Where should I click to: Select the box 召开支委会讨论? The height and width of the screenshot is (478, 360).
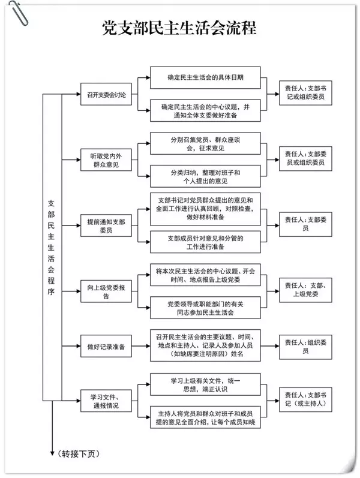coord(107,95)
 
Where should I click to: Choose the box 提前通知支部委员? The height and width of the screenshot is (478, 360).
coord(107,225)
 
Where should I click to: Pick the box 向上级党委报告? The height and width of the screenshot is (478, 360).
coord(107,291)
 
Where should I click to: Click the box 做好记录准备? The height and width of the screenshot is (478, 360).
coord(107,346)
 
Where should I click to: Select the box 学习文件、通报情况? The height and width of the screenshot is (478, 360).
coord(107,401)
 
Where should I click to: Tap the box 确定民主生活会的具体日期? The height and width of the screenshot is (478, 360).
coord(205,77)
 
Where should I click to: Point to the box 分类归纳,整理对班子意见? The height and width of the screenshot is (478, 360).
coord(205,176)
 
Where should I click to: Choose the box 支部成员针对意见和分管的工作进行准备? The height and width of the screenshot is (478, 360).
coord(205,242)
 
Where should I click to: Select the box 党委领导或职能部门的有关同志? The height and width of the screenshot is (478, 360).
coord(205,308)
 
